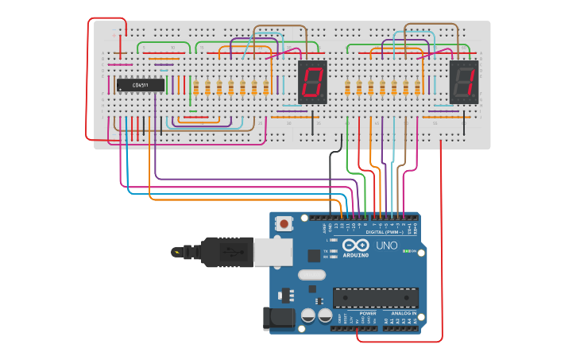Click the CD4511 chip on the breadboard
(x=141, y=85)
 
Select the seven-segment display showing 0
(x=312, y=82)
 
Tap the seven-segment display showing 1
(x=464, y=82)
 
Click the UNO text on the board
(x=386, y=246)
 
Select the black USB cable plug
(x=226, y=252)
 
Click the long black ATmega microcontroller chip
(x=375, y=297)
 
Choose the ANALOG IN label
(x=402, y=313)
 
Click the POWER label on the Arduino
(x=368, y=313)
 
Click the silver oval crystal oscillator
(x=311, y=275)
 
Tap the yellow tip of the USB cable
(x=176, y=252)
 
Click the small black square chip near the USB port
(x=314, y=256)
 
